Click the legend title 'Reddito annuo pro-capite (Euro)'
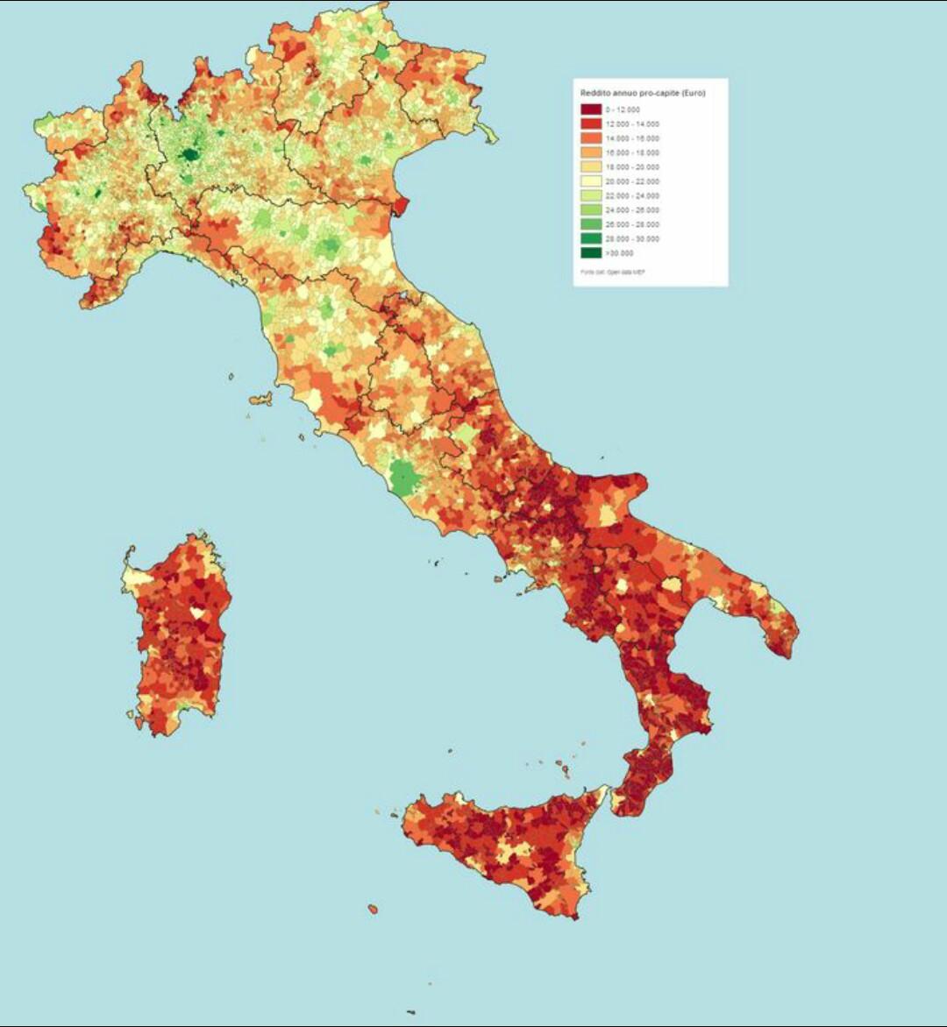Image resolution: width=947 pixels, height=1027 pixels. pyautogui.click(x=643, y=93)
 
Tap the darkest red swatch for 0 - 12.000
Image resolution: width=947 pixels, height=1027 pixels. pyautogui.click(x=591, y=110)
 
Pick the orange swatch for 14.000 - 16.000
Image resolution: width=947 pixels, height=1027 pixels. pyautogui.click(x=591, y=138)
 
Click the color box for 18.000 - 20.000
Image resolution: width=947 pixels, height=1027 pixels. pyautogui.click(x=591, y=167)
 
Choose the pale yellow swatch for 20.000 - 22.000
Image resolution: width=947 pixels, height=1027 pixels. pyautogui.click(x=591, y=181)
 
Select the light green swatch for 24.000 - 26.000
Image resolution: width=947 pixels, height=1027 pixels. pyautogui.click(x=591, y=210)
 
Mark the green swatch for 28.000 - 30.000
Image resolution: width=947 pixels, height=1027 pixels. pyautogui.click(x=591, y=239)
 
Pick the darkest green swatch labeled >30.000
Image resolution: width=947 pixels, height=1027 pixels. pyautogui.click(x=591, y=253)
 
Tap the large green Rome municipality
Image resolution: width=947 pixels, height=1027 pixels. pyautogui.click(x=404, y=478)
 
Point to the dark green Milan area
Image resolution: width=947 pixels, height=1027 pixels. pyautogui.click(x=189, y=156)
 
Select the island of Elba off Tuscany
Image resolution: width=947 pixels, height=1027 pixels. pyautogui.click(x=260, y=400)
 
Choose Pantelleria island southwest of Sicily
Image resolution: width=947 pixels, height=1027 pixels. pyautogui.click(x=373, y=909)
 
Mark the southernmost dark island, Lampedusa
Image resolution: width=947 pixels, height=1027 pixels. pyautogui.click(x=410, y=1012)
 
